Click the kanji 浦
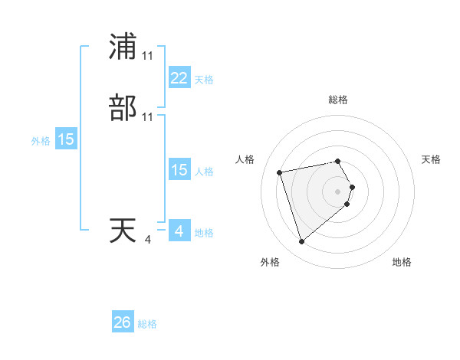tap(123, 47)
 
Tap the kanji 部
tap(123, 108)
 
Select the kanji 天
tap(123, 231)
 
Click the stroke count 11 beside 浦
tap(147, 56)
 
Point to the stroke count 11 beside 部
tap(147, 117)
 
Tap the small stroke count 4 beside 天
tap(147, 240)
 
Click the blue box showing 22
tap(179, 78)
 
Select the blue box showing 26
tap(123, 323)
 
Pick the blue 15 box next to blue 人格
tap(179, 170)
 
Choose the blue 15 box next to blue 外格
tap(66, 139)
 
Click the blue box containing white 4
tap(179, 231)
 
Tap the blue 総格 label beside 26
tap(147, 325)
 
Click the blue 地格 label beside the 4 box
tap(204, 233)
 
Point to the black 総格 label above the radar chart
tap(338, 100)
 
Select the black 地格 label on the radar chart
tap(402, 263)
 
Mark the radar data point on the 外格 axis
tap(301, 242)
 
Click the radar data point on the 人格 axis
tap(280, 172)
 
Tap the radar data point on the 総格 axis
tap(338, 161)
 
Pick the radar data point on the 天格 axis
tap(352, 186)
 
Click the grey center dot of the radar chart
tap(338, 191)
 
